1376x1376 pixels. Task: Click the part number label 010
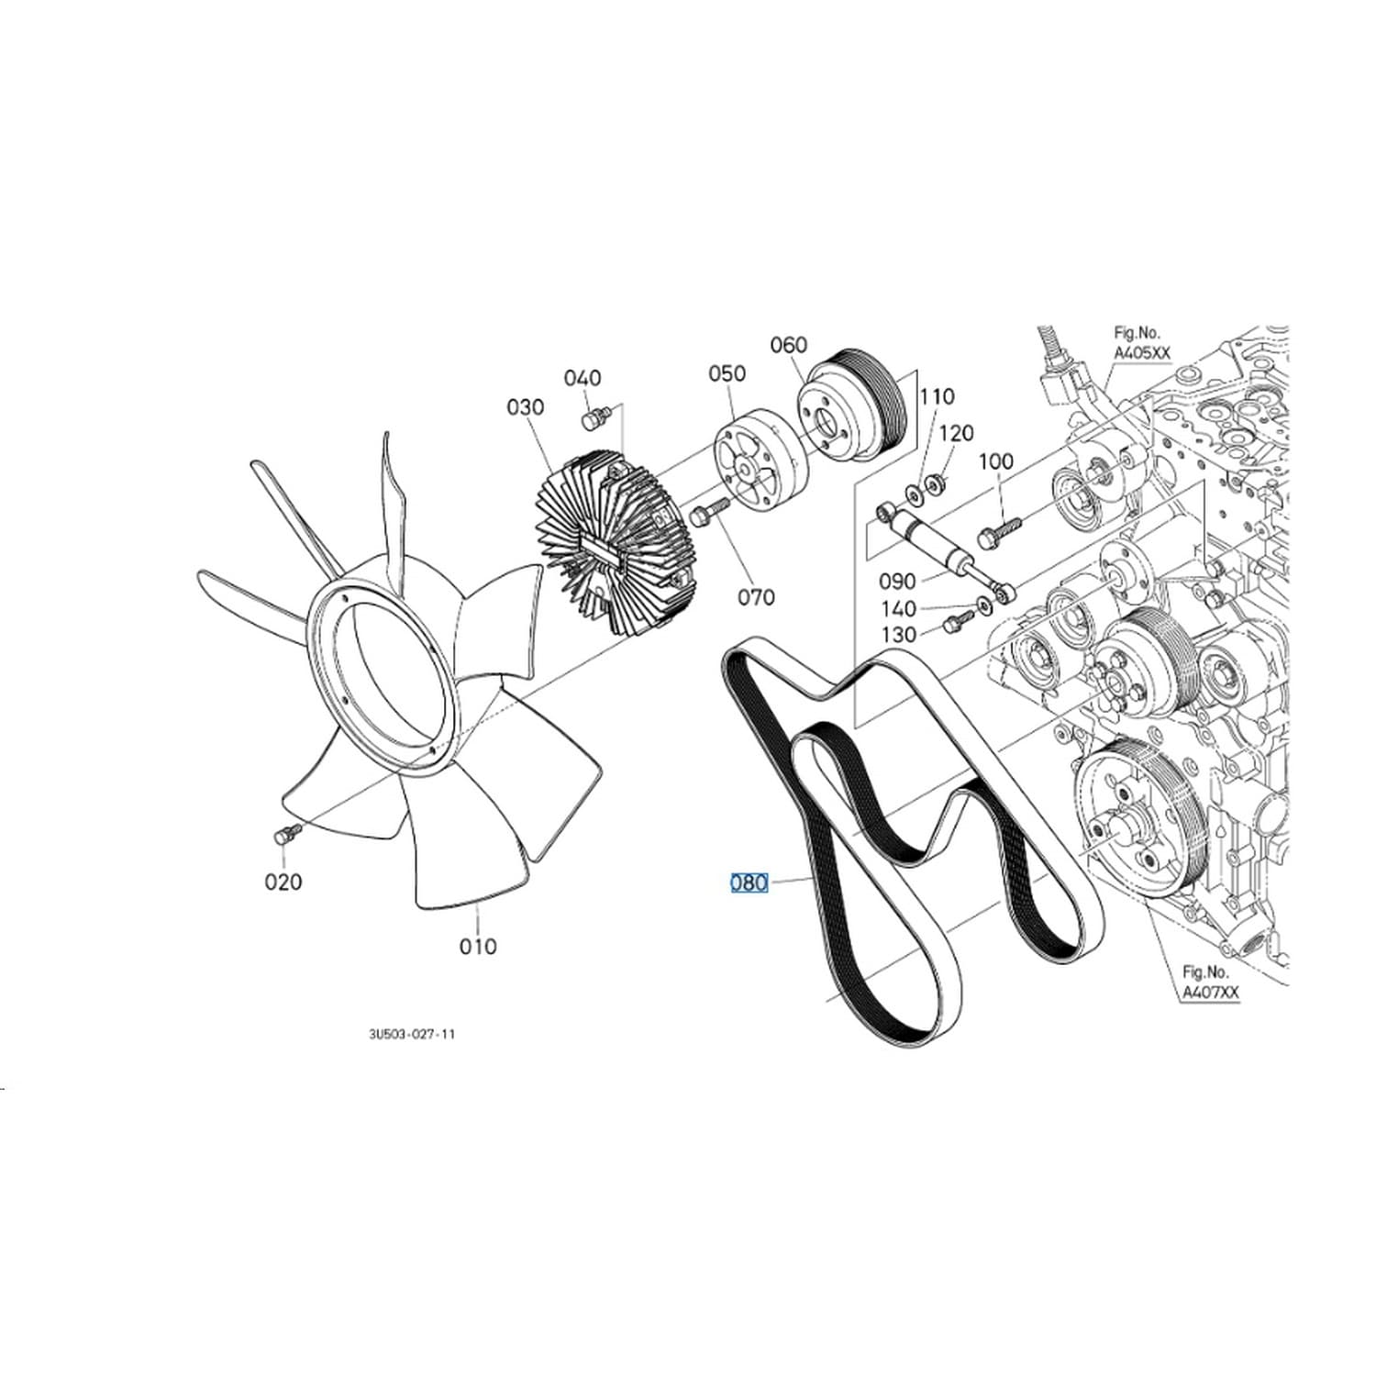[x=478, y=946]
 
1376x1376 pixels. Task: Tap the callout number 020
[x=283, y=882]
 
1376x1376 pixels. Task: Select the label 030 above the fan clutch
[x=526, y=406]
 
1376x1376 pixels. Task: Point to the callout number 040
[x=583, y=378]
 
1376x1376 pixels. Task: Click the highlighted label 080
[x=749, y=882]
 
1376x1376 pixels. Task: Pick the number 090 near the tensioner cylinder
[x=897, y=582]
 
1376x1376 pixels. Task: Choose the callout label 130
[x=898, y=634]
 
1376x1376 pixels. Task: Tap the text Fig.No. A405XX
[x=1138, y=343]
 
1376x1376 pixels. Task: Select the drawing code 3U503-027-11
[x=412, y=1034]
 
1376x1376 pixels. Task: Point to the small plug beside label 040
[x=594, y=419]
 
